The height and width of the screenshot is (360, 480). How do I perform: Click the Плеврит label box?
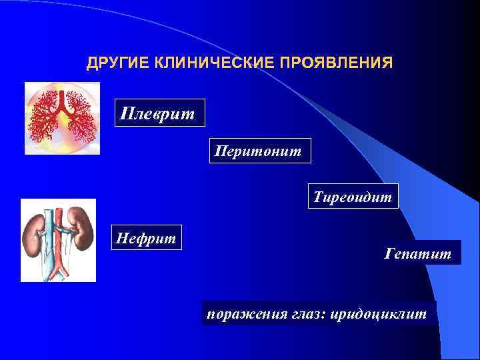(158, 113)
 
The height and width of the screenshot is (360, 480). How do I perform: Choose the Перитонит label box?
(257, 151)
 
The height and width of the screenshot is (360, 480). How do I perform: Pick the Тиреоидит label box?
(353, 197)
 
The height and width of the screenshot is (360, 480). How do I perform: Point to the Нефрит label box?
(147, 237)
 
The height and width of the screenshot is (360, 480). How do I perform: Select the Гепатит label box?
(418, 253)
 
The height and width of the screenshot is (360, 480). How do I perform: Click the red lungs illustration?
(62, 118)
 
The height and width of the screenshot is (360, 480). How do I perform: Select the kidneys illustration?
(59, 240)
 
